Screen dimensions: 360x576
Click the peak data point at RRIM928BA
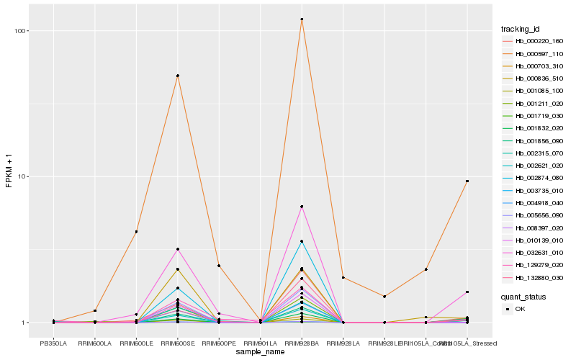tap(302, 19)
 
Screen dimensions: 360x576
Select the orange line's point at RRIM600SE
tap(177, 76)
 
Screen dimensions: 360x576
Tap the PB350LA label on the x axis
tap(53, 343)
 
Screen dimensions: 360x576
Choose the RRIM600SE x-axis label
tap(177, 343)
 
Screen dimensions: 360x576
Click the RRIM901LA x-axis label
tap(260, 343)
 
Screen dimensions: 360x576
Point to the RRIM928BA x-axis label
tap(302, 343)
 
